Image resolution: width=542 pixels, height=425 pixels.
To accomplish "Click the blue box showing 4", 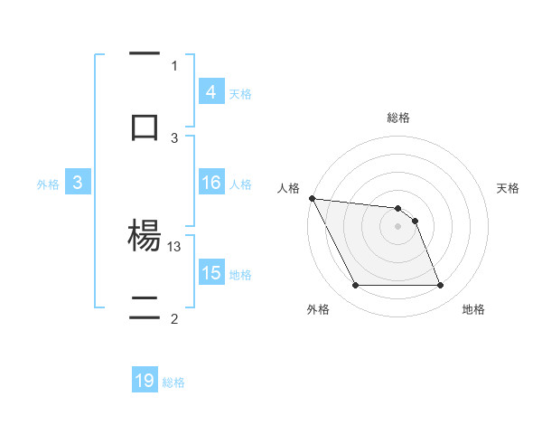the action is coord(210,92).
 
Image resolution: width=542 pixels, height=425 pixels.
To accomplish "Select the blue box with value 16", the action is coord(210,183).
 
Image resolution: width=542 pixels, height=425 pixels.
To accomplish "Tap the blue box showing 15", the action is coord(210,273).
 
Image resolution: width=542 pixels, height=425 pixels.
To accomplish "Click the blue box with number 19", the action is coord(145,381).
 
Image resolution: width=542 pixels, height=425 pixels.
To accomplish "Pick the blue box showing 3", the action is coord(78,183).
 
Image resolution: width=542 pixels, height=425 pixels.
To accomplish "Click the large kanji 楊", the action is coord(145,237).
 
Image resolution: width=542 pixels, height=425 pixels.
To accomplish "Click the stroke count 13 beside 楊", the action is coord(174,246).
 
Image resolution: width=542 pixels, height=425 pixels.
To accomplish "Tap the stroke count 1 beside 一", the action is coord(174,65).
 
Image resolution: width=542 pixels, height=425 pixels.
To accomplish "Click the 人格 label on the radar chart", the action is coord(291,188).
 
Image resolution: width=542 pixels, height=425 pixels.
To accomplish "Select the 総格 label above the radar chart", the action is coord(398,118).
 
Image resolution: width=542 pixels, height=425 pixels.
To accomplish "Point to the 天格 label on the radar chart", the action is coord(509,188).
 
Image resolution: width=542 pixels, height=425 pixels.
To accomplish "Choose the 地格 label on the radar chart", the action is coord(473,309).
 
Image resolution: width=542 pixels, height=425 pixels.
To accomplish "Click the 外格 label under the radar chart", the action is coord(318,309).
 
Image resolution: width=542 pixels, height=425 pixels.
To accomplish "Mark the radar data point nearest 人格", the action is coord(312,198).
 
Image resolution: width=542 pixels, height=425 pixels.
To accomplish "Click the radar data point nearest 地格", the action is coord(440,286).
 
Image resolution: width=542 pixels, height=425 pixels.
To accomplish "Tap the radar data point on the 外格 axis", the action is coord(355,286).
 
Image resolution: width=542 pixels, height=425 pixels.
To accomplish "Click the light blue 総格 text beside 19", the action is coord(173,382).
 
